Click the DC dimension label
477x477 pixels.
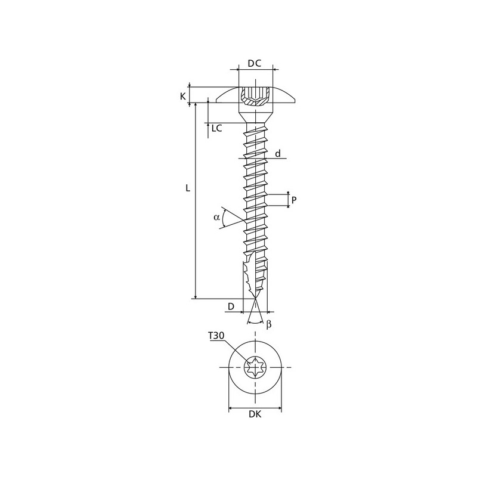point(255,63)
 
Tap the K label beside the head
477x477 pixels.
point(183,97)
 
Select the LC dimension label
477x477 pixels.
point(217,128)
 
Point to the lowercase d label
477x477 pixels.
point(278,154)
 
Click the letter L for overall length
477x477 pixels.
point(188,188)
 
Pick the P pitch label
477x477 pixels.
point(294,200)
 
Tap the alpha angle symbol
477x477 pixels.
point(216,217)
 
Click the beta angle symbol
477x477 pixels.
point(269,324)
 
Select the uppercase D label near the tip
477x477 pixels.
point(231,306)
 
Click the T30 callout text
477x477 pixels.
point(216,336)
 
